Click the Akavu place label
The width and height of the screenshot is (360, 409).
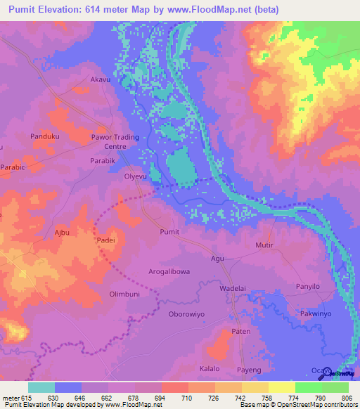(x=101, y=81)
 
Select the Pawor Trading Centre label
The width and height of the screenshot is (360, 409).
(x=115, y=142)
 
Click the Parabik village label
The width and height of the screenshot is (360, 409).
(x=103, y=160)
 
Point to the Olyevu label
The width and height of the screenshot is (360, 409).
(x=136, y=177)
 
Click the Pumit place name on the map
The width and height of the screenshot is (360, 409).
(x=170, y=231)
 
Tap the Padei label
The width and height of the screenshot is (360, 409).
(x=105, y=240)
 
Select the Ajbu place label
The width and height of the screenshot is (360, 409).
(x=63, y=231)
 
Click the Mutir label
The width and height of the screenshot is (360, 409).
(x=264, y=245)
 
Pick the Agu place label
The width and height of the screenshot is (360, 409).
(x=217, y=259)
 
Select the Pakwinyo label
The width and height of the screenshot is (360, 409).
(x=319, y=313)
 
